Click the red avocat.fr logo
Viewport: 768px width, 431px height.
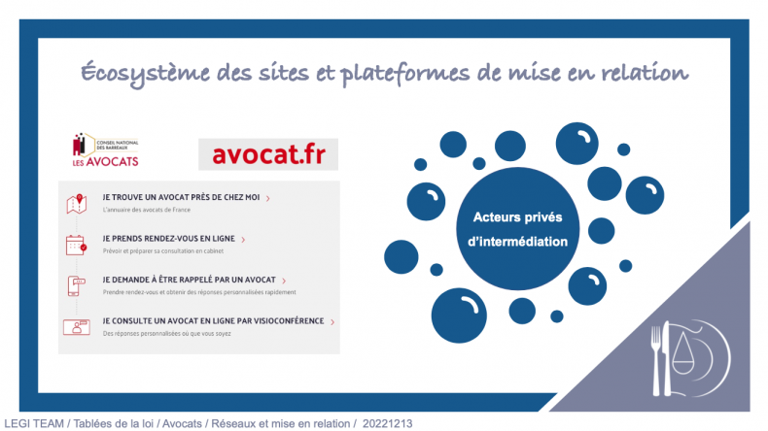point(268,154)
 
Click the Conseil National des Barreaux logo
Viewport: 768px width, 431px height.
point(106,149)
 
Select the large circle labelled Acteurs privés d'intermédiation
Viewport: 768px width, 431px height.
point(518,229)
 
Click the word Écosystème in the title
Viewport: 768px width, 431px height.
point(146,74)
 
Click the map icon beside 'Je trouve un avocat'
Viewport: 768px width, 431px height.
point(77,204)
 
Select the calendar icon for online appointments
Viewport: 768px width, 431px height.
point(77,245)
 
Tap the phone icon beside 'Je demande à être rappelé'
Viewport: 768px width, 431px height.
point(76,286)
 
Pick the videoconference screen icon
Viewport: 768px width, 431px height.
point(77,327)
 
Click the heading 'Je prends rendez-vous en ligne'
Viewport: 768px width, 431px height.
point(168,239)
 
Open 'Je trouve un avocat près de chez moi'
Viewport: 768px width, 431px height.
point(181,197)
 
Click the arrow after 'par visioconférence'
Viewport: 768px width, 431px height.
point(332,322)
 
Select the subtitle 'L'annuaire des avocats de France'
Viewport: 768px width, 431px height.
point(147,210)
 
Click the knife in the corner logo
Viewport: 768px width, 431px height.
point(667,358)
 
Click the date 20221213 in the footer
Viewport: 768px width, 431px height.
point(388,423)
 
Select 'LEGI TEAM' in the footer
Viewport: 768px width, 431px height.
point(34,423)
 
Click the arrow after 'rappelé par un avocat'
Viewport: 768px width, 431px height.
point(284,281)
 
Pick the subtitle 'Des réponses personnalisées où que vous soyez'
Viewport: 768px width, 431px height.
point(166,334)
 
